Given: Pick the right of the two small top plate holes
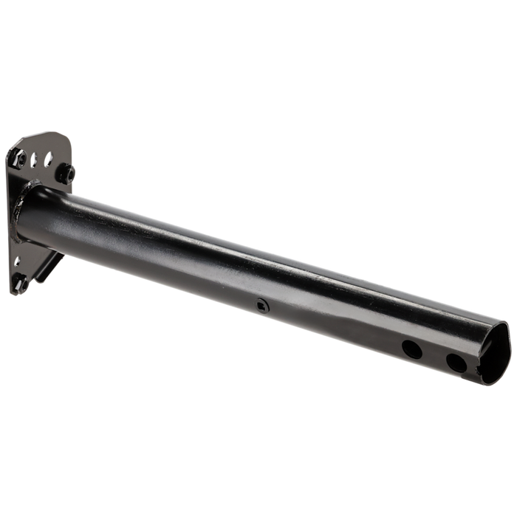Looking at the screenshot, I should coord(48,156).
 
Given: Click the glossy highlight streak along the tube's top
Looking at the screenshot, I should coord(258,244).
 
